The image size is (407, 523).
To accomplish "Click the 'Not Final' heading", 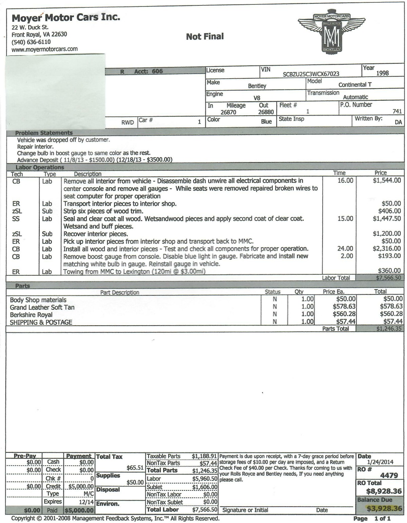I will tap(205, 37).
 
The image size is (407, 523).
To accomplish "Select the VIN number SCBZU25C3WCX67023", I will tap(311, 74).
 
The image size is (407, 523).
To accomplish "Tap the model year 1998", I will tap(382, 73).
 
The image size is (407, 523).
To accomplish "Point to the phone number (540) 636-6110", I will tap(31, 42).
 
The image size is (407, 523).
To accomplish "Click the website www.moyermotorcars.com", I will tap(44, 49).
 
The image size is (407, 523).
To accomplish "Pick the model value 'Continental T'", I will tap(355, 85).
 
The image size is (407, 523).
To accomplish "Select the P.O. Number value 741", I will tap(397, 111).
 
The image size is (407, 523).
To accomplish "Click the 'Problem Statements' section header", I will tap(44, 133).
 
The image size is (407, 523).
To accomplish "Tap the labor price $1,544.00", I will tap(387, 181).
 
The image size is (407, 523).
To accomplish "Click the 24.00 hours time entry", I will tap(345, 249).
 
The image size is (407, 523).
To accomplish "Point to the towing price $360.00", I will tap(389, 271).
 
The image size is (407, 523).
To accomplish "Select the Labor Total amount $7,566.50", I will tap(388, 278).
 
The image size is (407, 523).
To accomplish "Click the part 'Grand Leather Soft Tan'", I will tap(42, 308).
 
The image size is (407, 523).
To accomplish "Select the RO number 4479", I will tap(389, 476).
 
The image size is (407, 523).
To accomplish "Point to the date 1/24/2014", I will tap(380, 462).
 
